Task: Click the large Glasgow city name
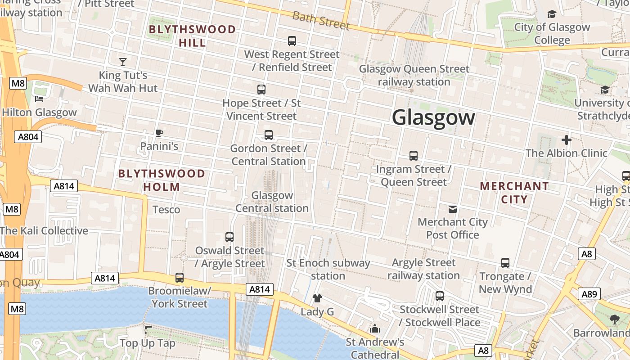coord(433,118)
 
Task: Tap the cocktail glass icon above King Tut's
coord(123,62)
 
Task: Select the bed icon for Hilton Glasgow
coord(39,99)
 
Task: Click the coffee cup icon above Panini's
coord(159,133)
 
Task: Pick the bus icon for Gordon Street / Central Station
coord(269,135)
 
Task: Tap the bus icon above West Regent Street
coord(292,41)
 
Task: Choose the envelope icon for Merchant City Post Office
coord(453,209)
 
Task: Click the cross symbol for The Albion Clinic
coord(567,140)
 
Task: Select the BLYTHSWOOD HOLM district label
coord(162,180)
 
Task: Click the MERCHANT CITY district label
coord(514,193)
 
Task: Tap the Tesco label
coord(166,210)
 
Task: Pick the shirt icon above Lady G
coord(317,298)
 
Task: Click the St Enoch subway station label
coord(328,269)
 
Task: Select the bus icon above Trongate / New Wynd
coord(505,263)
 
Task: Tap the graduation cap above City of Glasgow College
coord(552,14)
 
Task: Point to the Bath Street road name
coord(321,20)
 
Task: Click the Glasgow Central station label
coord(272,202)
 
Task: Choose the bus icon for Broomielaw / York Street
coord(180,278)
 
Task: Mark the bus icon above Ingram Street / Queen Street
coord(414,156)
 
